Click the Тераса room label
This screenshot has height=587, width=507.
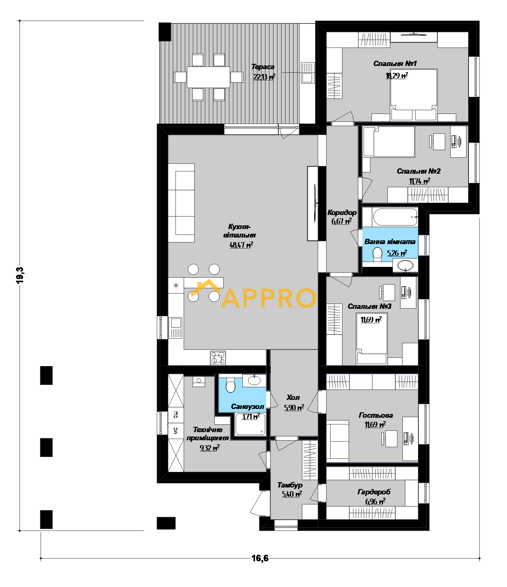tap(263, 67)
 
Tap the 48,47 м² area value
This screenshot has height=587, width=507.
tap(241, 245)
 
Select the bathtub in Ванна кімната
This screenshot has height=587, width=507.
tap(395, 217)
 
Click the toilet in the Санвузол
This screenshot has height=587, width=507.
tap(230, 385)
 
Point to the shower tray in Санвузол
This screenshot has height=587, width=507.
tap(250, 424)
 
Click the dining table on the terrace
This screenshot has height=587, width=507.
tap(208, 77)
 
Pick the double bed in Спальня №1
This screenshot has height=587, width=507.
tap(413, 94)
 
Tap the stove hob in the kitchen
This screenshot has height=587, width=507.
tap(218, 358)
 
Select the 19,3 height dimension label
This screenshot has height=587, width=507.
tap(20, 275)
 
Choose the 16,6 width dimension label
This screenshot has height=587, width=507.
tap(260, 558)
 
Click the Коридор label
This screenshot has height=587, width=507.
tap(342, 212)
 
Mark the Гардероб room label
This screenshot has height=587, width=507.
tap(374, 492)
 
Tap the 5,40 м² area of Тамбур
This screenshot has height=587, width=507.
tap(292, 494)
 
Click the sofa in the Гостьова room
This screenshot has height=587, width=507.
tap(337, 441)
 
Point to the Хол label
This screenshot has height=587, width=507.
tap(293, 397)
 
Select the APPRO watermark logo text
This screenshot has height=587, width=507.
tap(269, 298)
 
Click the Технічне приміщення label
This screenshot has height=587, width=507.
tap(207, 434)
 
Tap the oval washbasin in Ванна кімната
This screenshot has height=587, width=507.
tap(405, 266)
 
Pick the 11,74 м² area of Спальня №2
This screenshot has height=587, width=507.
tap(420, 181)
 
